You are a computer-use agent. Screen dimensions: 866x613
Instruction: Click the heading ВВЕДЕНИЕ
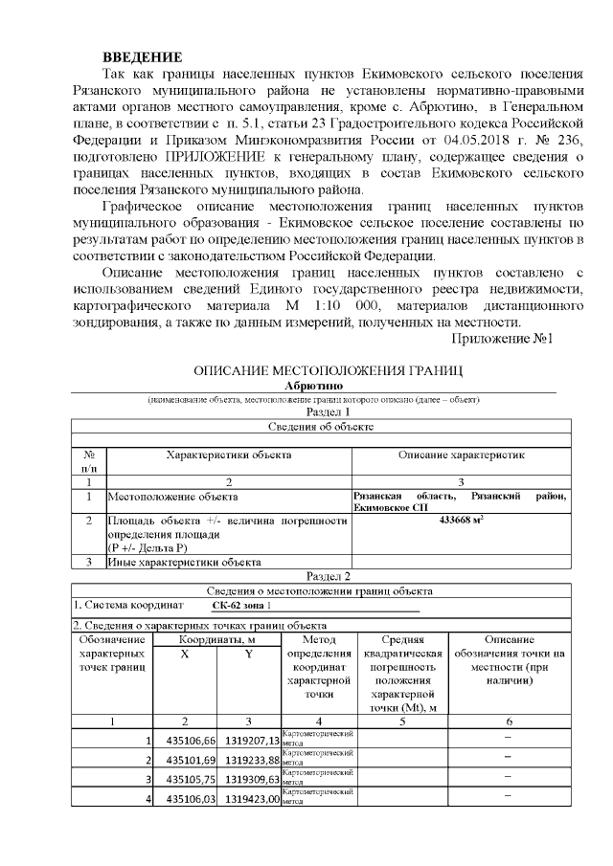pyautogui.click(x=142, y=57)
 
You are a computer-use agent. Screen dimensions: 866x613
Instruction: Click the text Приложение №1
pyautogui.click(x=502, y=338)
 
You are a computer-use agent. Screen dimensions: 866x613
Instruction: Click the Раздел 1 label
pyautogui.click(x=329, y=411)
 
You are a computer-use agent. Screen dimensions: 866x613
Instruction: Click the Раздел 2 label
pyautogui.click(x=329, y=576)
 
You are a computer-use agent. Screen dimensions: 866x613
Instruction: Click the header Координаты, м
pyautogui.click(x=216, y=639)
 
